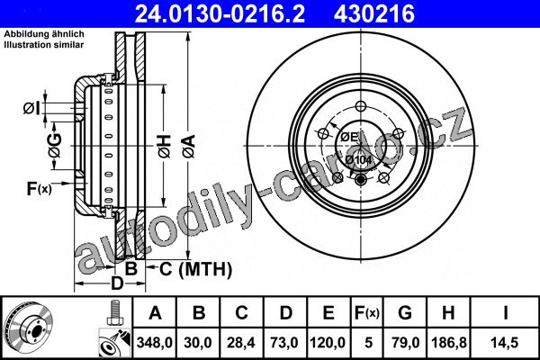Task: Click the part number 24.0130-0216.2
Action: (x=220, y=14)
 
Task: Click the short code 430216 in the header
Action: (x=373, y=14)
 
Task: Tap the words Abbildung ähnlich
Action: (x=44, y=34)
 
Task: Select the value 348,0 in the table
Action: (x=154, y=342)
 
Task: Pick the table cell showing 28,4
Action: (x=241, y=342)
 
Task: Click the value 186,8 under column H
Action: (x=449, y=342)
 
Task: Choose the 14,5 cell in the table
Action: (x=505, y=342)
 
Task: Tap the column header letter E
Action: (x=328, y=313)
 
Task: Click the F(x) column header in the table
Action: (x=367, y=313)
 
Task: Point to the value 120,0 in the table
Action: (x=328, y=342)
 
